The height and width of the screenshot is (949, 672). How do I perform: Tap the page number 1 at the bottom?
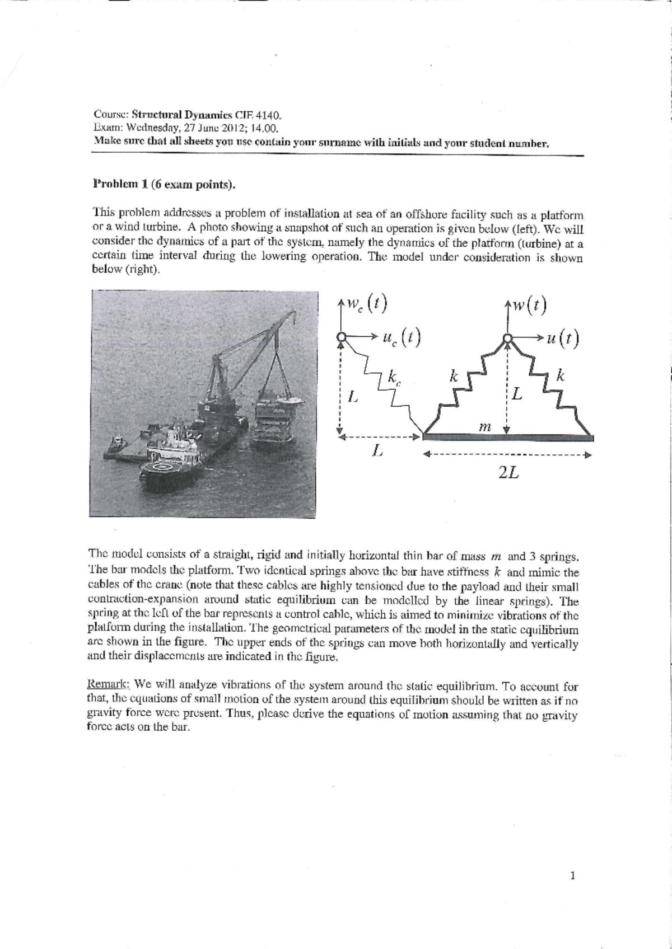pyautogui.click(x=572, y=876)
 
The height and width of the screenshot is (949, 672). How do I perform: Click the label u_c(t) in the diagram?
pyautogui.click(x=402, y=337)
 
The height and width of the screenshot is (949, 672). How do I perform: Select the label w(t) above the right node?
pyautogui.click(x=529, y=306)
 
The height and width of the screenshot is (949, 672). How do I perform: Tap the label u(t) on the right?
pyautogui.click(x=566, y=339)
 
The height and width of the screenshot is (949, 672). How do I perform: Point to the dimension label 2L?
pyautogui.click(x=508, y=473)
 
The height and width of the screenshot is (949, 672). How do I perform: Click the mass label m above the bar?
pyautogui.click(x=485, y=426)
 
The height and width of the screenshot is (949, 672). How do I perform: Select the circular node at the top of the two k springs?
pyautogui.click(x=506, y=338)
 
